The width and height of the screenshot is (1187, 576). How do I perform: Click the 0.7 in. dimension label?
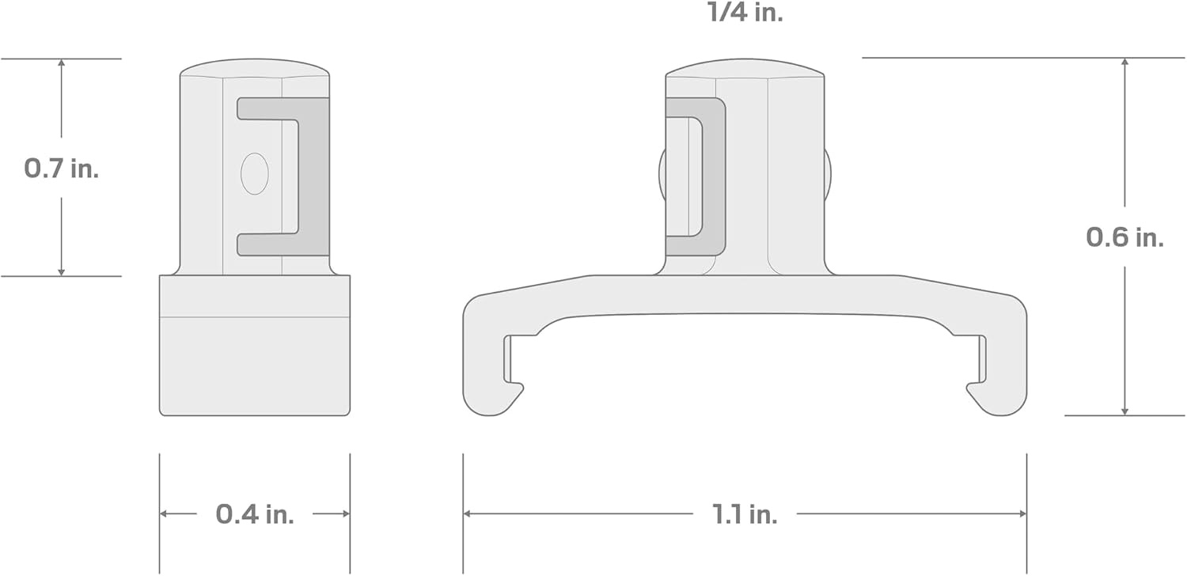coord(62,169)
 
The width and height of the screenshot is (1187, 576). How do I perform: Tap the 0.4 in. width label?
coord(254,514)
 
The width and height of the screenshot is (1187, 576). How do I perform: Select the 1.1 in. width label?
coord(745,514)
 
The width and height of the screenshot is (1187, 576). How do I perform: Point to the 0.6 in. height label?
coord(1124,237)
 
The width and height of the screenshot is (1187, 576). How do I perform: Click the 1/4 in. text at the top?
coord(745,12)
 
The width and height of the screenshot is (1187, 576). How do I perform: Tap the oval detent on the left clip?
coord(254,174)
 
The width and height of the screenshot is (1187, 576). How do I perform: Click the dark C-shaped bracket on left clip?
coord(313,176)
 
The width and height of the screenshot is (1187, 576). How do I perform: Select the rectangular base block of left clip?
coord(254,346)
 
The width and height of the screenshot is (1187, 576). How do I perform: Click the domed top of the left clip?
coord(254,68)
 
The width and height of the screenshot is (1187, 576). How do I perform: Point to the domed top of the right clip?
coord(745,68)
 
